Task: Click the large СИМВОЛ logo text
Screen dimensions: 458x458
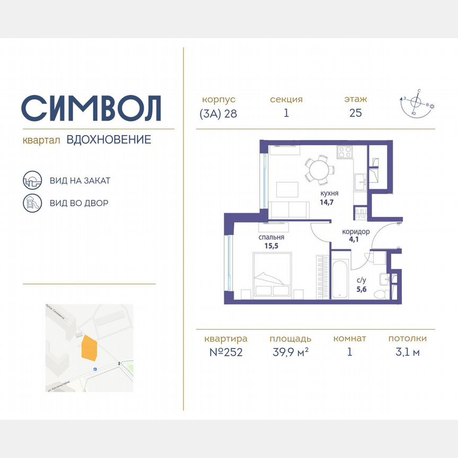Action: point(91,108)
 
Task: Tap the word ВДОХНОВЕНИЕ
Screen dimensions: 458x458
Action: point(109,140)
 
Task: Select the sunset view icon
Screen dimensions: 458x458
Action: point(31,180)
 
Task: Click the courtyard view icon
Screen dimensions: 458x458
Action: point(31,202)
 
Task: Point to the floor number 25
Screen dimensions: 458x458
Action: point(355,113)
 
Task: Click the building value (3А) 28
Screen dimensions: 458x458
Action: point(218,113)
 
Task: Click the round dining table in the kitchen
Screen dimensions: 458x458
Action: point(319,170)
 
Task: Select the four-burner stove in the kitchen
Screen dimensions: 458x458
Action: point(345,152)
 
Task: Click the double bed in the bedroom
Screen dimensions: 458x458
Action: point(272,276)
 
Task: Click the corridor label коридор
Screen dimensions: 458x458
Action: point(356,232)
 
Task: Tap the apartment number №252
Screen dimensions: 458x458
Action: point(225,352)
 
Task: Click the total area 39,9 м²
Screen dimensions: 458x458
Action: point(289,352)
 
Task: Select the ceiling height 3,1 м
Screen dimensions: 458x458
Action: point(407,352)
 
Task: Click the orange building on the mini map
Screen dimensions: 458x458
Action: point(89,348)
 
